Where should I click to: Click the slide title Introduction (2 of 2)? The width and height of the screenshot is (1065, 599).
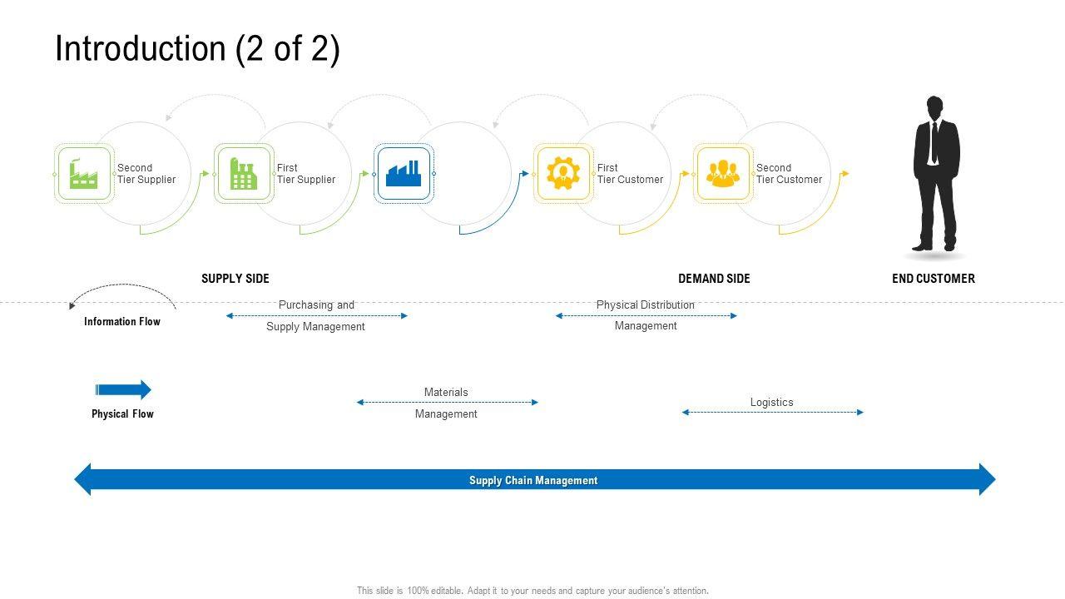tap(197, 48)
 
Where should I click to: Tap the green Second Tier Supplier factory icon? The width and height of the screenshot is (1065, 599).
tap(83, 174)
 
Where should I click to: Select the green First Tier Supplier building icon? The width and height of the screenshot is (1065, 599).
tap(244, 174)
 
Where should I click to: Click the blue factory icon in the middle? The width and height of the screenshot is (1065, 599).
tap(404, 174)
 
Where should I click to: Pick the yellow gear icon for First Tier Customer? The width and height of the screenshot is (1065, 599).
tap(563, 174)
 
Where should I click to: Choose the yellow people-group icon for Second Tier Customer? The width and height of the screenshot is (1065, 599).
tap(723, 174)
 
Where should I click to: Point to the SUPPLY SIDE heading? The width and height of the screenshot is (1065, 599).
tap(235, 279)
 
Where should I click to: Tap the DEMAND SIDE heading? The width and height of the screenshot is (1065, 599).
tap(714, 279)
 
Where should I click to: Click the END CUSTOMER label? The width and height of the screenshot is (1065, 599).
tap(934, 279)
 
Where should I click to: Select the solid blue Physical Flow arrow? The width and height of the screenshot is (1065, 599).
tap(123, 390)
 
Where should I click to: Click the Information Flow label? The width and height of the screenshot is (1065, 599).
tap(122, 321)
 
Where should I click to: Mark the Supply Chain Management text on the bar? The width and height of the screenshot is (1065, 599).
tap(533, 480)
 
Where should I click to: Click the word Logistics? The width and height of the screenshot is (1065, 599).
tap(771, 402)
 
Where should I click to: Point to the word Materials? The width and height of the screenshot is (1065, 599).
tap(446, 392)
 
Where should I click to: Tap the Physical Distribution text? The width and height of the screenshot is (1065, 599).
tap(645, 304)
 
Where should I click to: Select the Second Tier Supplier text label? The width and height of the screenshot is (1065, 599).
tap(146, 174)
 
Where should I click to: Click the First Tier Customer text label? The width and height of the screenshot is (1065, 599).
tap(630, 174)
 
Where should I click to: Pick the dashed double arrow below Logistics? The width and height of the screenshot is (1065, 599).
tap(773, 412)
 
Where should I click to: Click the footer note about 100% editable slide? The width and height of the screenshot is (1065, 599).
tap(532, 591)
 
